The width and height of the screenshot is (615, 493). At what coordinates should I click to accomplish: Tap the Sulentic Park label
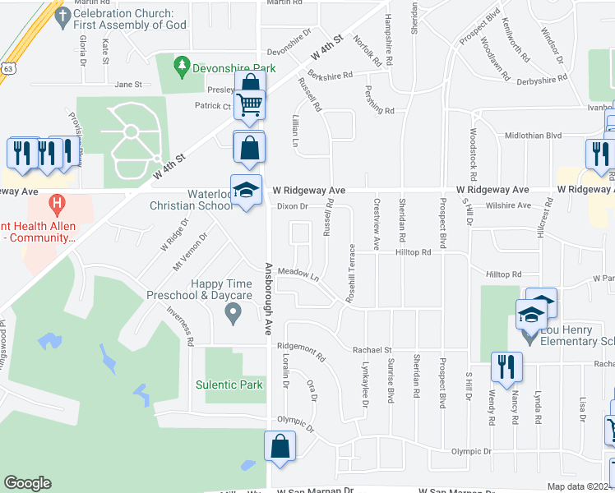tap(229, 385)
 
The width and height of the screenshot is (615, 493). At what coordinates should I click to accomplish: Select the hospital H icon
tap(56, 201)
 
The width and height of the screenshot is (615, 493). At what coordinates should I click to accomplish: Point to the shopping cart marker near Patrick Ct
tap(249, 104)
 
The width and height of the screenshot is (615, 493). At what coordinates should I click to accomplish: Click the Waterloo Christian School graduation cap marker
tap(246, 191)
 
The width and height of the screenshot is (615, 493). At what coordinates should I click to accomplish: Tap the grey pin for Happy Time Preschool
tap(233, 311)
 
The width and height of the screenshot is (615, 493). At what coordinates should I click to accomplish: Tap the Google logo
tap(27, 483)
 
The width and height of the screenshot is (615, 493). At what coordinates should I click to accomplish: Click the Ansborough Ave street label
tap(268, 299)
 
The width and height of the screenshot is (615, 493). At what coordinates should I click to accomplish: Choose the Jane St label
tap(128, 84)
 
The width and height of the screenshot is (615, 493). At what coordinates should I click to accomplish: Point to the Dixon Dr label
tap(292, 206)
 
